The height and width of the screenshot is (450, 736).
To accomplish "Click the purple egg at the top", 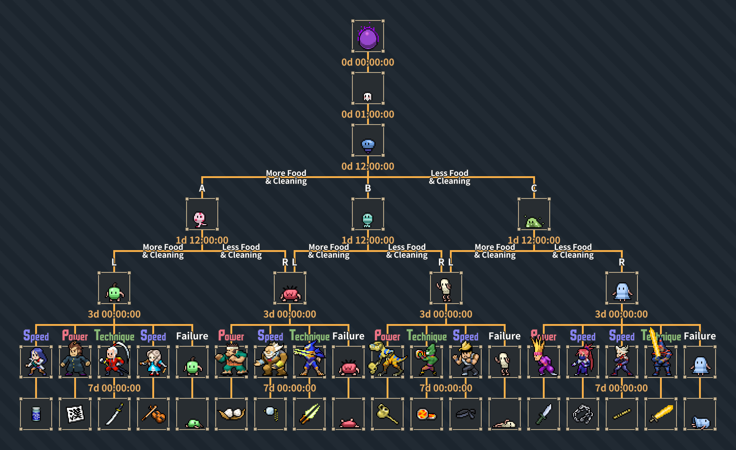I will (368, 38).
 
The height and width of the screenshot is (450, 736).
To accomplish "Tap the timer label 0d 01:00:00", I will (368, 114).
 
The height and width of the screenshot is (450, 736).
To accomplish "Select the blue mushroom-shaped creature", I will (368, 146).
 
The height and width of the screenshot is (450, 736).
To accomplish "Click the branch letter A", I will (202, 188).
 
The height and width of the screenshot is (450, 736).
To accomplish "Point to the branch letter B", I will (368, 188).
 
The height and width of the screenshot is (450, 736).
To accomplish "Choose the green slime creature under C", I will (533, 222).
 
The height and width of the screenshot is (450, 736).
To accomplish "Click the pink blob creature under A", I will (199, 219).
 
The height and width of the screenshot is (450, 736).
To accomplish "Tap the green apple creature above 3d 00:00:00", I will (114, 292).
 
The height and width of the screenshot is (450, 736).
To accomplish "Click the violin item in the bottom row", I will (154, 414).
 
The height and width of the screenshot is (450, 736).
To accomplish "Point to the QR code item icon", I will (75, 414).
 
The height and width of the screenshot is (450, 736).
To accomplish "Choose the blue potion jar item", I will (36, 414).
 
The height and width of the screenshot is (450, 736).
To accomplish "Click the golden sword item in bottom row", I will (661, 414).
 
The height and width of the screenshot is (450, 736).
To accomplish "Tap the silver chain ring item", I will (582, 414).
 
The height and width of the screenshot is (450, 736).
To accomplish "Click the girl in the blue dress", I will (154, 362).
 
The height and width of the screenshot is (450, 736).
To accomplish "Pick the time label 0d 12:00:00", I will (368, 166).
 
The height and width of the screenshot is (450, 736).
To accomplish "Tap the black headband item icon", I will (465, 414).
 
